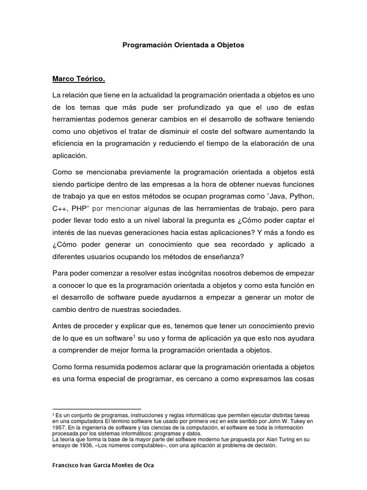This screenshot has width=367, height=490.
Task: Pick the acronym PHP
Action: tap(83, 209)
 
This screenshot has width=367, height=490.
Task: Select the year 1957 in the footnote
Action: tap(60, 427)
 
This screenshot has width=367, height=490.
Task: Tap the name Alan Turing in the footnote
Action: tap(276, 439)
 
